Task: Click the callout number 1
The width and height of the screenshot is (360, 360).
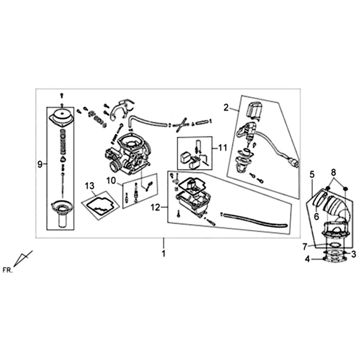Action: (163, 254)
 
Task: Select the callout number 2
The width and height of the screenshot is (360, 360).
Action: (226, 108)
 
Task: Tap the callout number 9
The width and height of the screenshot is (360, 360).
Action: (40, 164)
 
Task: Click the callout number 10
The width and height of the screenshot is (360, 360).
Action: (111, 181)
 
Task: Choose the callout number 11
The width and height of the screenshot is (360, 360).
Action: (222, 148)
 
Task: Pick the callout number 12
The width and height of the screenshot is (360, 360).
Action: (155, 207)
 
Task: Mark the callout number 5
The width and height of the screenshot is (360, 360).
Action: (312, 175)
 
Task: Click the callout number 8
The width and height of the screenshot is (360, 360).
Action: (333, 172)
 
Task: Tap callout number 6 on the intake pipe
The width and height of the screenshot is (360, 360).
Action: (316, 216)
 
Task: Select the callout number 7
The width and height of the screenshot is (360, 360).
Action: (305, 247)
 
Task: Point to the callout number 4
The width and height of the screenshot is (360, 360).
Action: (307, 260)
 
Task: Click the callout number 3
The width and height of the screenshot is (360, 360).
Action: (354, 254)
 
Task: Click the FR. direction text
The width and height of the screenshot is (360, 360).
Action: (7, 270)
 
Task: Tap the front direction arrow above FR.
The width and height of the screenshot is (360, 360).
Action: (23, 258)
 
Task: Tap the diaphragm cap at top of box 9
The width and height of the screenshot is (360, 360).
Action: (62, 117)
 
